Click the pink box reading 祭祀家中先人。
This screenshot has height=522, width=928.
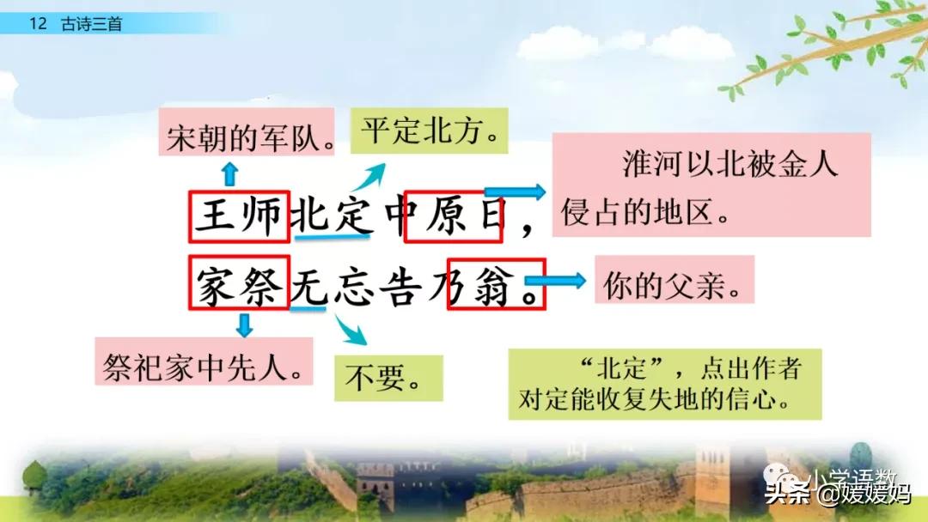(x=203, y=361)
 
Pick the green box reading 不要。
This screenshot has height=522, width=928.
(x=388, y=378)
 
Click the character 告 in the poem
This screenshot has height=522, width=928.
(x=402, y=284)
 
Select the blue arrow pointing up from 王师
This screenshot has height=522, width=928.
(x=229, y=173)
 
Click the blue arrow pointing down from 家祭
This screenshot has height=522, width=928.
(x=245, y=325)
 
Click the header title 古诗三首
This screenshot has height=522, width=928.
(x=91, y=24)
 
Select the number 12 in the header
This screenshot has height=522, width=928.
(x=37, y=24)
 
